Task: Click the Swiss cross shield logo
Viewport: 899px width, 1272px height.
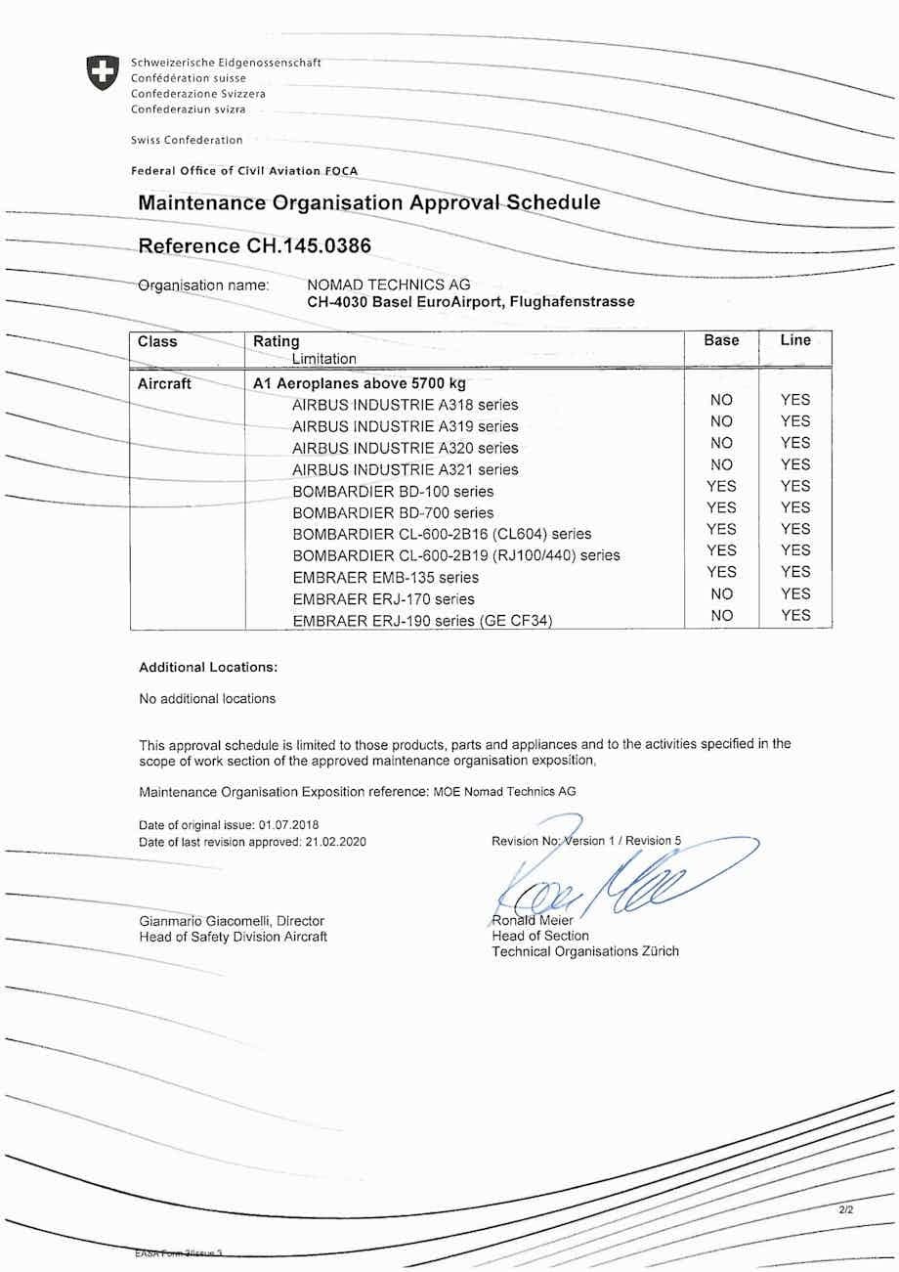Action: tap(103, 73)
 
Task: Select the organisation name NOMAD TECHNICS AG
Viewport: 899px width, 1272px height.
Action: tap(389, 285)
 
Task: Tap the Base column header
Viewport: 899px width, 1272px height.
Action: tap(721, 340)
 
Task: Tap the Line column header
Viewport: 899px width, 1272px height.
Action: tap(795, 340)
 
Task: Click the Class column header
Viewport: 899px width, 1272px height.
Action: tap(158, 342)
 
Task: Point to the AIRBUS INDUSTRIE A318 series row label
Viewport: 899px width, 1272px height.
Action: tap(406, 405)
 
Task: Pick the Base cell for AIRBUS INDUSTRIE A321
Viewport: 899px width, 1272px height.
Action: tap(721, 464)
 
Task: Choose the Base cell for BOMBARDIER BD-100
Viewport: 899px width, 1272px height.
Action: tap(721, 486)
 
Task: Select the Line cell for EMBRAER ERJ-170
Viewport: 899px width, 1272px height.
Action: tap(795, 593)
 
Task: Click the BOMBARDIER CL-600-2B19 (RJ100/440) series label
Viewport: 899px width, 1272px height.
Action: tap(456, 555)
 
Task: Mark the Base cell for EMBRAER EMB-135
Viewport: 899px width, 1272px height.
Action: tap(721, 572)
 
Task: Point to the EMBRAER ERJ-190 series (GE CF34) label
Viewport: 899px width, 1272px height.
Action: tap(422, 620)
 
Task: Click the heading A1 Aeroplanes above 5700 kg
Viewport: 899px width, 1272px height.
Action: tap(360, 383)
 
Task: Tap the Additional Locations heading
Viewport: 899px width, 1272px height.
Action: tap(208, 667)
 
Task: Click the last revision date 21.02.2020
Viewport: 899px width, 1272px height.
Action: tap(335, 842)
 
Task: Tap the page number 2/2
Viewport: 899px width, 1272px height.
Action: tap(846, 1210)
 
